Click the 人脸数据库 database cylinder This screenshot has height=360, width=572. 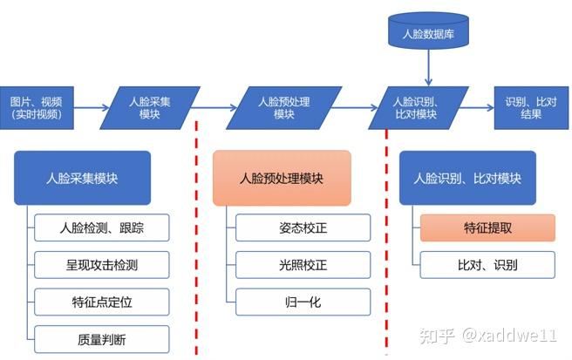click(427, 32)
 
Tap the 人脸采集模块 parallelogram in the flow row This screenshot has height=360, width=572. click(150, 107)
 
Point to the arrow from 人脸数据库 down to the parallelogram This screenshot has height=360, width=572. click(427, 68)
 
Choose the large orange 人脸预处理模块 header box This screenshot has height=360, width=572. click(282, 178)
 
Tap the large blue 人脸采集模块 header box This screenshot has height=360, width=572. click(82, 178)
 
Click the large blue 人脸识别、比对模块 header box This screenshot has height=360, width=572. click(466, 178)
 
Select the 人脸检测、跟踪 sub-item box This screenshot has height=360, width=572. click(102, 228)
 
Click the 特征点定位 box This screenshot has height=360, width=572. click(102, 302)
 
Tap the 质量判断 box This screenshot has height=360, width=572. click(102, 338)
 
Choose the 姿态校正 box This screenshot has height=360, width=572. click(303, 228)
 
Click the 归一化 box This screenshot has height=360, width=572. click(303, 302)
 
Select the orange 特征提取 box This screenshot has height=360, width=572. click(487, 228)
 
